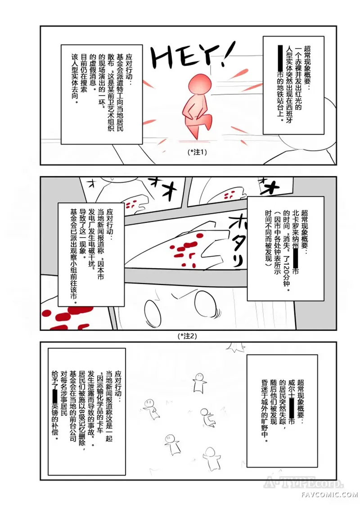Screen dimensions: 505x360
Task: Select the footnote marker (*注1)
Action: coord(197,152)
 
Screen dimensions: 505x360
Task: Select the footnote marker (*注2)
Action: coord(187,336)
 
